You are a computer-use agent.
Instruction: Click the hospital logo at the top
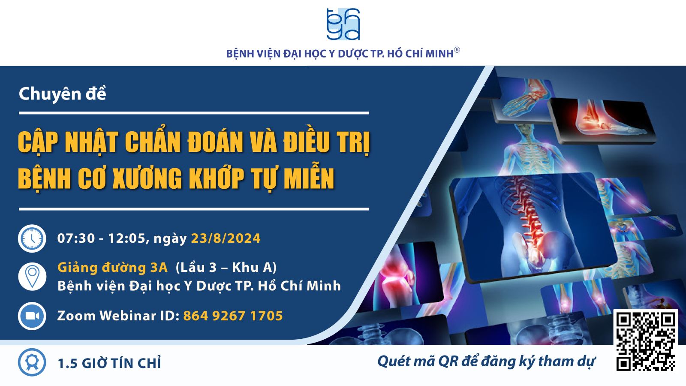click(x=343, y=24)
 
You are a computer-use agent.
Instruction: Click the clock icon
click(x=32, y=238)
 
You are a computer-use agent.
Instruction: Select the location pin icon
click(x=32, y=276)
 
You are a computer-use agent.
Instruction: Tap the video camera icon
click(x=32, y=316)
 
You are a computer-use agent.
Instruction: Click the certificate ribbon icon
click(x=32, y=362)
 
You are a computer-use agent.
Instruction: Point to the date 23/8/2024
click(x=226, y=238)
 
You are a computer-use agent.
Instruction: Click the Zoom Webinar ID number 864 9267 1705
click(x=233, y=316)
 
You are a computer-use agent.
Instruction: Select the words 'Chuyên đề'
click(x=63, y=93)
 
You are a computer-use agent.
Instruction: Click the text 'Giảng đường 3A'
click(x=112, y=268)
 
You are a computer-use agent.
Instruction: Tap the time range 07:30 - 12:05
click(x=101, y=238)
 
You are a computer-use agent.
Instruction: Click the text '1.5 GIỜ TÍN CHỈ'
click(x=109, y=363)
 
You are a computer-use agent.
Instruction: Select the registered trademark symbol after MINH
click(x=457, y=50)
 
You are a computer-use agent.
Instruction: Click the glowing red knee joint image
click(x=395, y=277)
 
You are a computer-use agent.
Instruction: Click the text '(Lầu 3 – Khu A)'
click(x=226, y=268)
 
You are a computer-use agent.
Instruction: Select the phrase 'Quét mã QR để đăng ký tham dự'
click(x=486, y=362)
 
